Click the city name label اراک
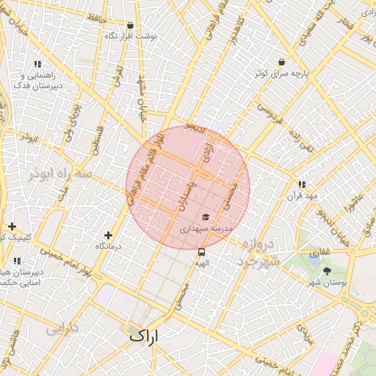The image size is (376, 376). tap(144, 336)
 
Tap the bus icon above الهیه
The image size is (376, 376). tap(202, 253)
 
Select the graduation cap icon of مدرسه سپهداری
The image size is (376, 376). tap(206, 217)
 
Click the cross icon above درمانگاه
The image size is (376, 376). tap(109, 235)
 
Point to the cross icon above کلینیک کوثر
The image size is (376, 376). tap(11, 226)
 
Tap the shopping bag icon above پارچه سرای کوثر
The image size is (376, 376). tap(281, 62)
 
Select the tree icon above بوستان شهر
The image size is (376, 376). tap(327, 271)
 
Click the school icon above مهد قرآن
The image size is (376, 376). tap(301, 184)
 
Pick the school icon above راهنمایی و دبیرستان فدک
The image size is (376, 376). tap(37, 65)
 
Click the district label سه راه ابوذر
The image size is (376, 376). tap(61, 175)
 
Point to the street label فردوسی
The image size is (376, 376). tap(268, 112)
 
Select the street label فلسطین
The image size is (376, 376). tap(95, 137)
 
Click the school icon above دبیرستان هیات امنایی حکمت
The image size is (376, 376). tap(17, 261)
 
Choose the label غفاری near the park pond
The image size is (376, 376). tap(319, 252)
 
